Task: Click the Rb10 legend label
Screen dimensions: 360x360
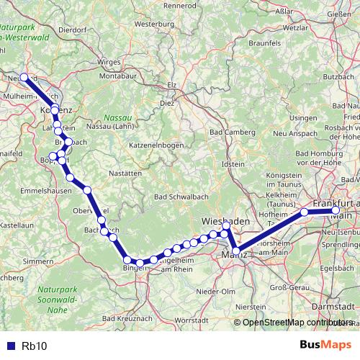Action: click(35, 346)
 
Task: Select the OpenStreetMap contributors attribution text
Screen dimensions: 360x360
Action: click(297, 322)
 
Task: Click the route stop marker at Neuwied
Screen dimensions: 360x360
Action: click(24, 77)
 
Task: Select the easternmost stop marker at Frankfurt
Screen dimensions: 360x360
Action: click(336, 210)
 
